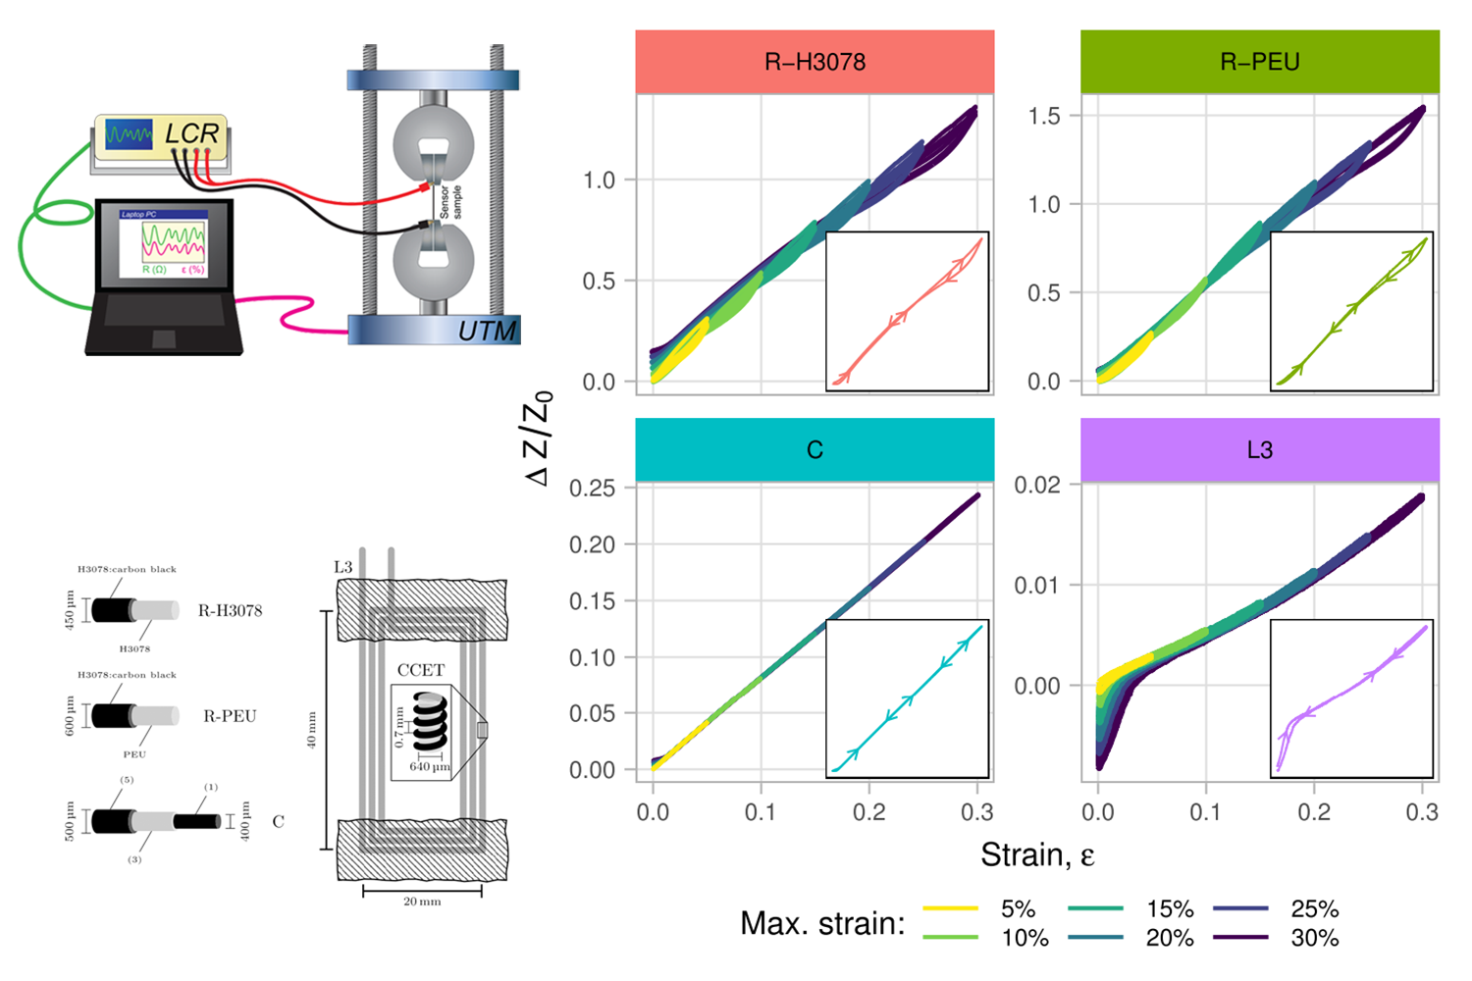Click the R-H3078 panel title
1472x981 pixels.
click(x=815, y=62)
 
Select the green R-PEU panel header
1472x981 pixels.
click(x=1259, y=62)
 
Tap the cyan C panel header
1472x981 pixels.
click(x=815, y=449)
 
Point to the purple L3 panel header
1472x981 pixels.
click(x=1259, y=449)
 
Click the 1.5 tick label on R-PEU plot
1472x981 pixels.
click(x=1044, y=116)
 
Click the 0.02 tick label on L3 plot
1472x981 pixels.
click(x=1037, y=485)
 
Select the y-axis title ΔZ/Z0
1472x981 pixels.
click(x=539, y=438)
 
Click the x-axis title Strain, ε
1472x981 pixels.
click(x=1037, y=855)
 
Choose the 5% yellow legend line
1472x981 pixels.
click(x=950, y=908)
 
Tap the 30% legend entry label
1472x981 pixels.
click(x=1315, y=938)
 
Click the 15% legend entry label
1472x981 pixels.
click(x=1170, y=908)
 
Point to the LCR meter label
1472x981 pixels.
click(x=191, y=132)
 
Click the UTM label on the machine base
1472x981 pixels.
click(x=487, y=332)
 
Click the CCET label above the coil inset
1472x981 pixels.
click(x=421, y=670)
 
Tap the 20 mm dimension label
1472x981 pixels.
click(x=422, y=901)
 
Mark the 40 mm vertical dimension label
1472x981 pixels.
click(x=312, y=730)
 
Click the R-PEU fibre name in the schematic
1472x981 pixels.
click(x=230, y=716)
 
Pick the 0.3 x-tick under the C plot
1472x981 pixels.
click(x=976, y=812)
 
